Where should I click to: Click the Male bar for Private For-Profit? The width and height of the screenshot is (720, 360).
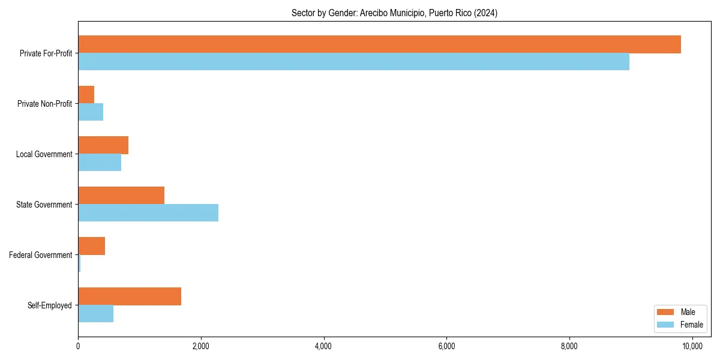click(x=379, y=44)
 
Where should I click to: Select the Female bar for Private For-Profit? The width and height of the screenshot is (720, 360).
click(x=353, y=61)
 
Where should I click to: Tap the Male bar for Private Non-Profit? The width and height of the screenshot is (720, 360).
click(x=86, y=95)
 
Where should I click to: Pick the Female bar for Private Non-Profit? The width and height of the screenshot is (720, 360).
click(x=91, y=112)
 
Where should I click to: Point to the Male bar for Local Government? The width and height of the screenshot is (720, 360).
click(x=103, y=145)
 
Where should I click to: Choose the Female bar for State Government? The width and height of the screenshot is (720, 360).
click(x=148, y=212)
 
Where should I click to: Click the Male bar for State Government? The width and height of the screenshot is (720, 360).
click(x=121, y=196)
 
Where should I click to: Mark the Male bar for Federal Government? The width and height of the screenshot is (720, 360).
click(x=92, y=246)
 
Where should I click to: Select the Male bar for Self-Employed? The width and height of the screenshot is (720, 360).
click(x=130, y=296)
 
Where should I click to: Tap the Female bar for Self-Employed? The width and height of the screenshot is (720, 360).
click(x=96, y=313)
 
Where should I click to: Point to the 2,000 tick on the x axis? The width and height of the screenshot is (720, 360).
click(x=201, y=346)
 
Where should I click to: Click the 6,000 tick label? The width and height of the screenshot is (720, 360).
click(x=446, y=346)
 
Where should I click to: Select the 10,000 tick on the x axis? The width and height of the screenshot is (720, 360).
click(x=692, y=346)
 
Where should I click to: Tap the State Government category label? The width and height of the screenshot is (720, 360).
click(x=44, y=205)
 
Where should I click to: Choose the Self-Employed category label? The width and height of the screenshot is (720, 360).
click(x=50, y=305)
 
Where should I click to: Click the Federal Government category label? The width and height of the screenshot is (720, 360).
click(x=41, y=255)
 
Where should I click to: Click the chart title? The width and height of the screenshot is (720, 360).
click(x=394, y=13)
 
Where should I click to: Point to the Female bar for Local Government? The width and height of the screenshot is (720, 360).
click(x=100, y=162)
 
